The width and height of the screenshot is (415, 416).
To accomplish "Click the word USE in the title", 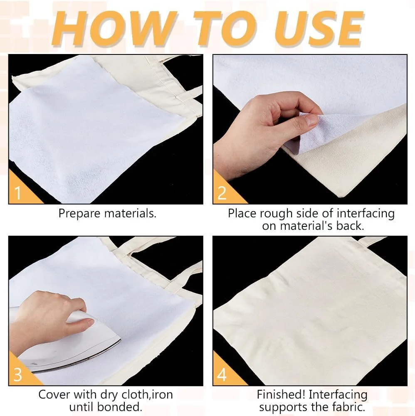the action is point(319,29).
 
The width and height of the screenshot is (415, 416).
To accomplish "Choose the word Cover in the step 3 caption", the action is point(54,394).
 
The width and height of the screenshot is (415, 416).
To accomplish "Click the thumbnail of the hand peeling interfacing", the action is point(310,129).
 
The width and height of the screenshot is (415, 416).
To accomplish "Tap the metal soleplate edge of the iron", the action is point(80,359).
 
